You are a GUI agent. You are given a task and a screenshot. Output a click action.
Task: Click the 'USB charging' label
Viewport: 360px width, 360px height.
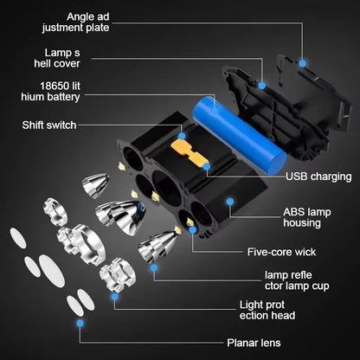click(x=319, y=177)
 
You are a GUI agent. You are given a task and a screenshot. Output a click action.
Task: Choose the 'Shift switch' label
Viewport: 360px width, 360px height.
click(x=49, y=125)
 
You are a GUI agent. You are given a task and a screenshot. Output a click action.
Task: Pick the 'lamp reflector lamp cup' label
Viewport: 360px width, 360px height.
click(x=275, y=282)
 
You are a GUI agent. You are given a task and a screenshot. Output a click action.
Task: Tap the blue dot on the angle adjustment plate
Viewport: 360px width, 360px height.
click(x=302, y=63)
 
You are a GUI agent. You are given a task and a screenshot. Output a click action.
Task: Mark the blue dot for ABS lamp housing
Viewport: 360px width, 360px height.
click(x=230, y=201)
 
